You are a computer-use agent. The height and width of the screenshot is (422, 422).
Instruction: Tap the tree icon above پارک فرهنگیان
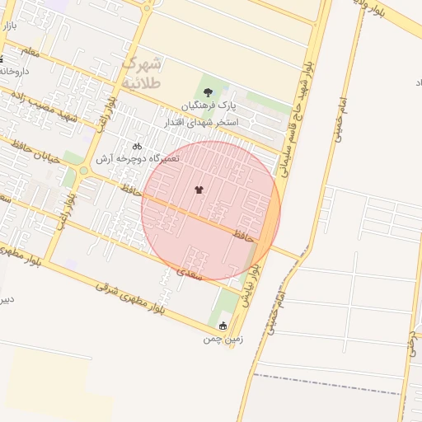click(x=207, y=93)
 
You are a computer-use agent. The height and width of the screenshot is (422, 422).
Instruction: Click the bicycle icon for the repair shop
click(x=137, y=146)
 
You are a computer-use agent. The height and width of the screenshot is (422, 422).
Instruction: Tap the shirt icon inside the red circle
click(x=199, y=190)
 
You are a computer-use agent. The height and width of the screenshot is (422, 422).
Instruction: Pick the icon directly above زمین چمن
click(x=221, y=326)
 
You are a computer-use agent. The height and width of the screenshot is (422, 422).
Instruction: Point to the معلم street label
click(x=30, y=53)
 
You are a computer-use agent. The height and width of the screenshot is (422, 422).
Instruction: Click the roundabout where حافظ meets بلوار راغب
click(x=84, y=171)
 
